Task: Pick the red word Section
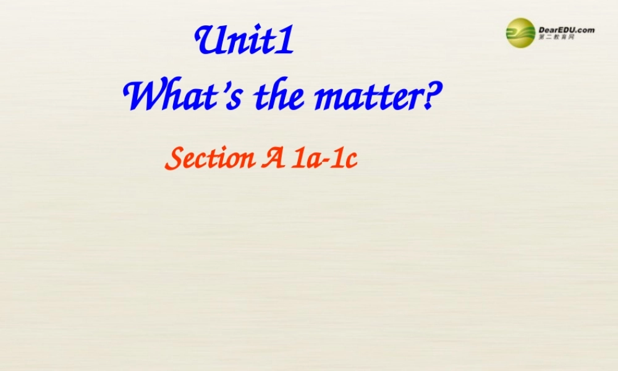[207, 160]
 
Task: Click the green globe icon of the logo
[521, 33]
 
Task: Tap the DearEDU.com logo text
[566, 29]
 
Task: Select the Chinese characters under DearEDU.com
[557, 38]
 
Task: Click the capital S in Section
[173, 159]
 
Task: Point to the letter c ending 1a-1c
[351, 161]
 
